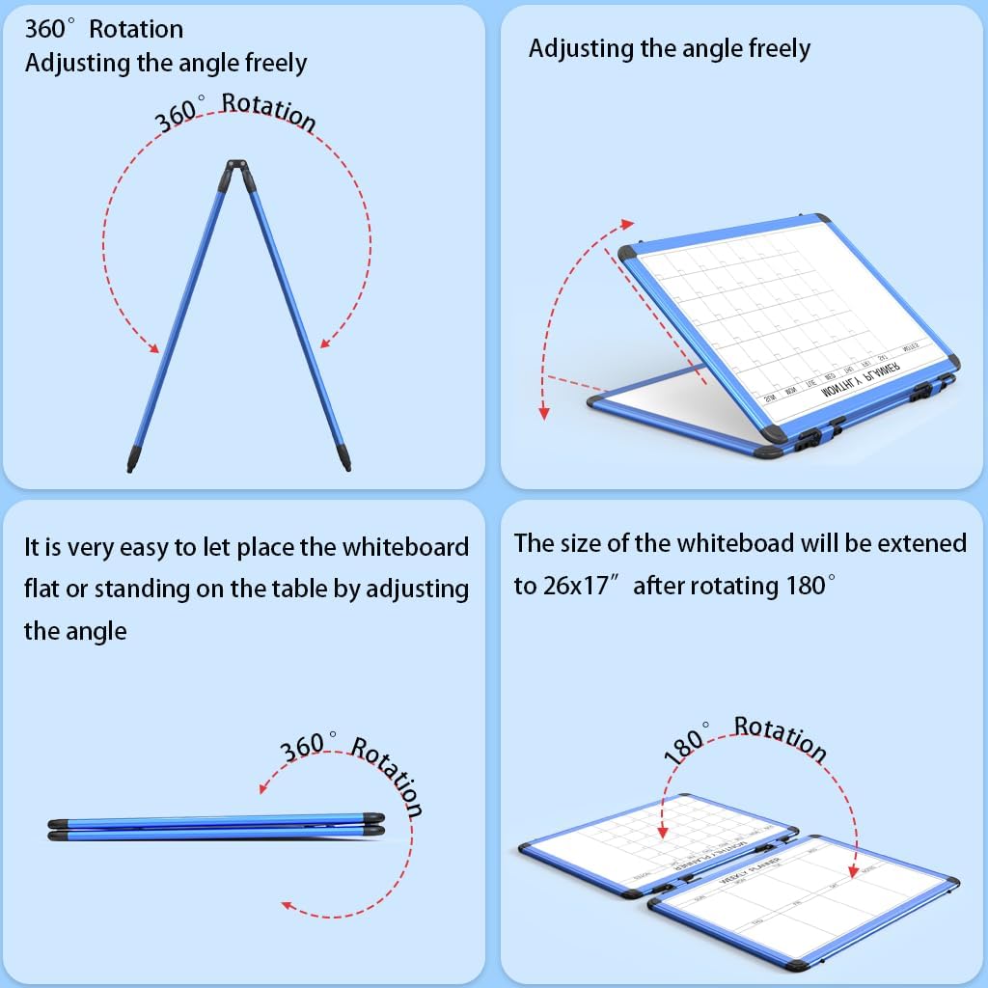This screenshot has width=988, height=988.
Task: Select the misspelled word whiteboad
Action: pyautogui.click(x=736, y=542)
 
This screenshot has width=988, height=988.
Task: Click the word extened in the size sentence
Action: pyautogui.click(x=920, y=542)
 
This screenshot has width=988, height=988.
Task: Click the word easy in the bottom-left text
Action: pyautogui.click(x=144, y=546)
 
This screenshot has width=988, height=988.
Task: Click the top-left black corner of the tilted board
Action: pyautogui.click(x=628, y=252)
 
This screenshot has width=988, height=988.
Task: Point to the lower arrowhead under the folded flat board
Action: pyautogui.click(x=287, y=904)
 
